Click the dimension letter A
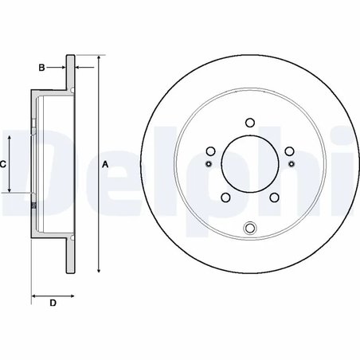click(x=105, y=165)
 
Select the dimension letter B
click(x=41, y=68)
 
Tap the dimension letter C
click(x=4, y=164)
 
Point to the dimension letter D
click(x=53, y=303)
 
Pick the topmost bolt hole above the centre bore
click(x=249, y=123)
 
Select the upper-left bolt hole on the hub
click(x=211, y=151)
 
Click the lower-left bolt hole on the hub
click(x=226, y=197)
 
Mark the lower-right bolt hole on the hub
click(x=273, y=197)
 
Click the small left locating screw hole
click(x=209, y=164)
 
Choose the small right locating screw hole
click(x=291, y=164)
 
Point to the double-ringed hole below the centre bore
click(x=250, y=229)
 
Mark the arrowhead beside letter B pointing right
click(x=64, y=68)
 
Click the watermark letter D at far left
click(x=18, y=163)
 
